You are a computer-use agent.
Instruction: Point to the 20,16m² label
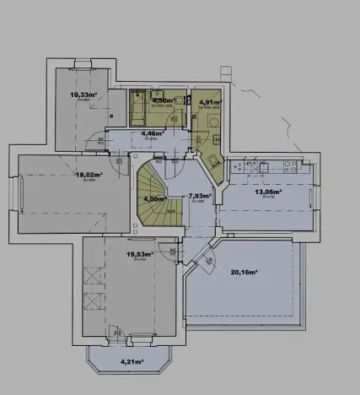coord(242,272)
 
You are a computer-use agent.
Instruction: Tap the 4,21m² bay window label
coord(131,363)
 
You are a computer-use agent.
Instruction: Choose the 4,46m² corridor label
coord(153,133)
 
